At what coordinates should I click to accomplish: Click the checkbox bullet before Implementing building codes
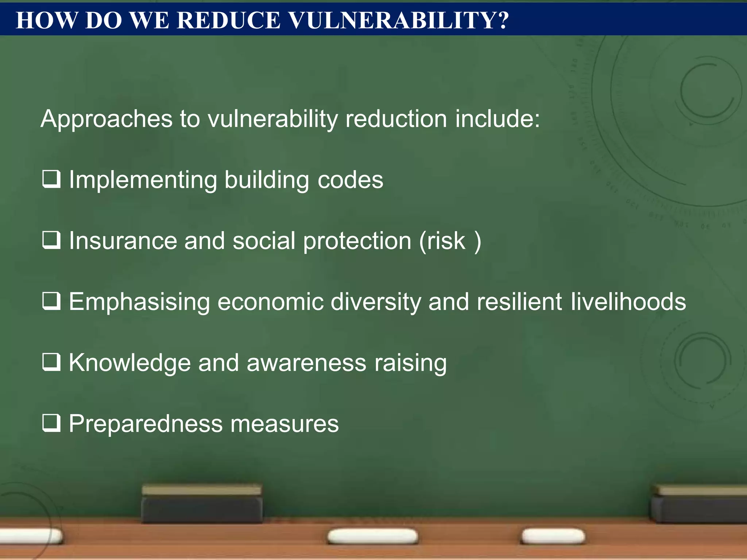[x=51, y=179]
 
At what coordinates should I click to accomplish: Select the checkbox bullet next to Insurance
[x=51, y=240]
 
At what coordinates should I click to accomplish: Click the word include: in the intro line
[x=498, y=119]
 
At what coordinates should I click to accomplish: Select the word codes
[x=350, y=180]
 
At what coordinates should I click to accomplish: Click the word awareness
[x=306, y=363]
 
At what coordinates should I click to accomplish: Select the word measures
[x=285, y=424]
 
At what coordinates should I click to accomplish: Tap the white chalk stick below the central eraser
[x=372, y=536]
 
